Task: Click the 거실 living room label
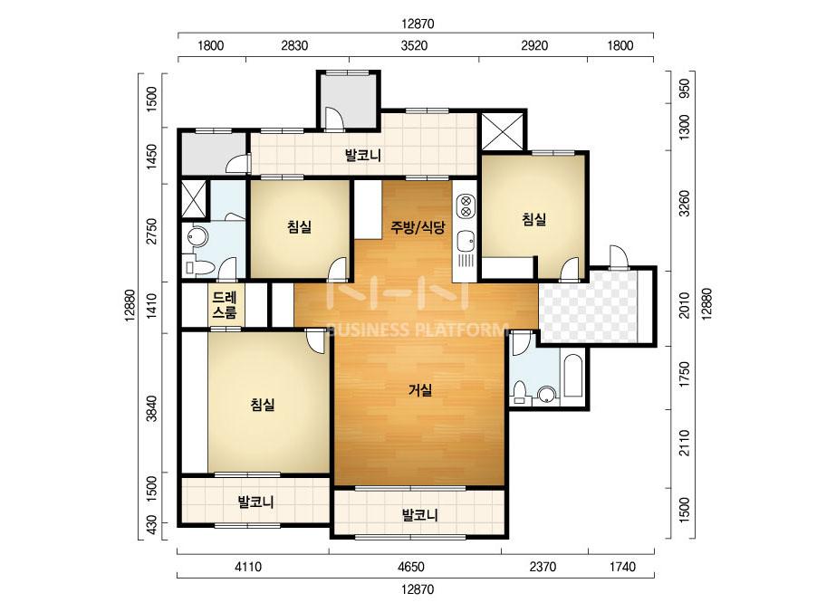[419, 391]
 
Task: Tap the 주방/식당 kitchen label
[418, 227]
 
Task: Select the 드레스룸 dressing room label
[224, 304]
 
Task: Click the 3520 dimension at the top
[414, 45]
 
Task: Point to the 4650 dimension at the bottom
[411, 566]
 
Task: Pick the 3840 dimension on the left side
[152, 408]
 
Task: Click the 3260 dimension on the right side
[685, 203]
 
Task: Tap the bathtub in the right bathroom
[573, 375]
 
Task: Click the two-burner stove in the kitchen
[466, 206]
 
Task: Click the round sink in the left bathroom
[196, 237]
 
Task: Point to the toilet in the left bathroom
[197, 266]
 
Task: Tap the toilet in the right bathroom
[520, 391]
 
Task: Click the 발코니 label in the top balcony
[362, 156]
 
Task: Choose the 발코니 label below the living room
[419, 515]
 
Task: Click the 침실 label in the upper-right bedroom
[533, 219]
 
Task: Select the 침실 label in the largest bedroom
[263, 405]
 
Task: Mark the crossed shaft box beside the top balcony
[503, 131]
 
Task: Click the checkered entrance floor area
[588, 308]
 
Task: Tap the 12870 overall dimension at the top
[418, 24]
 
